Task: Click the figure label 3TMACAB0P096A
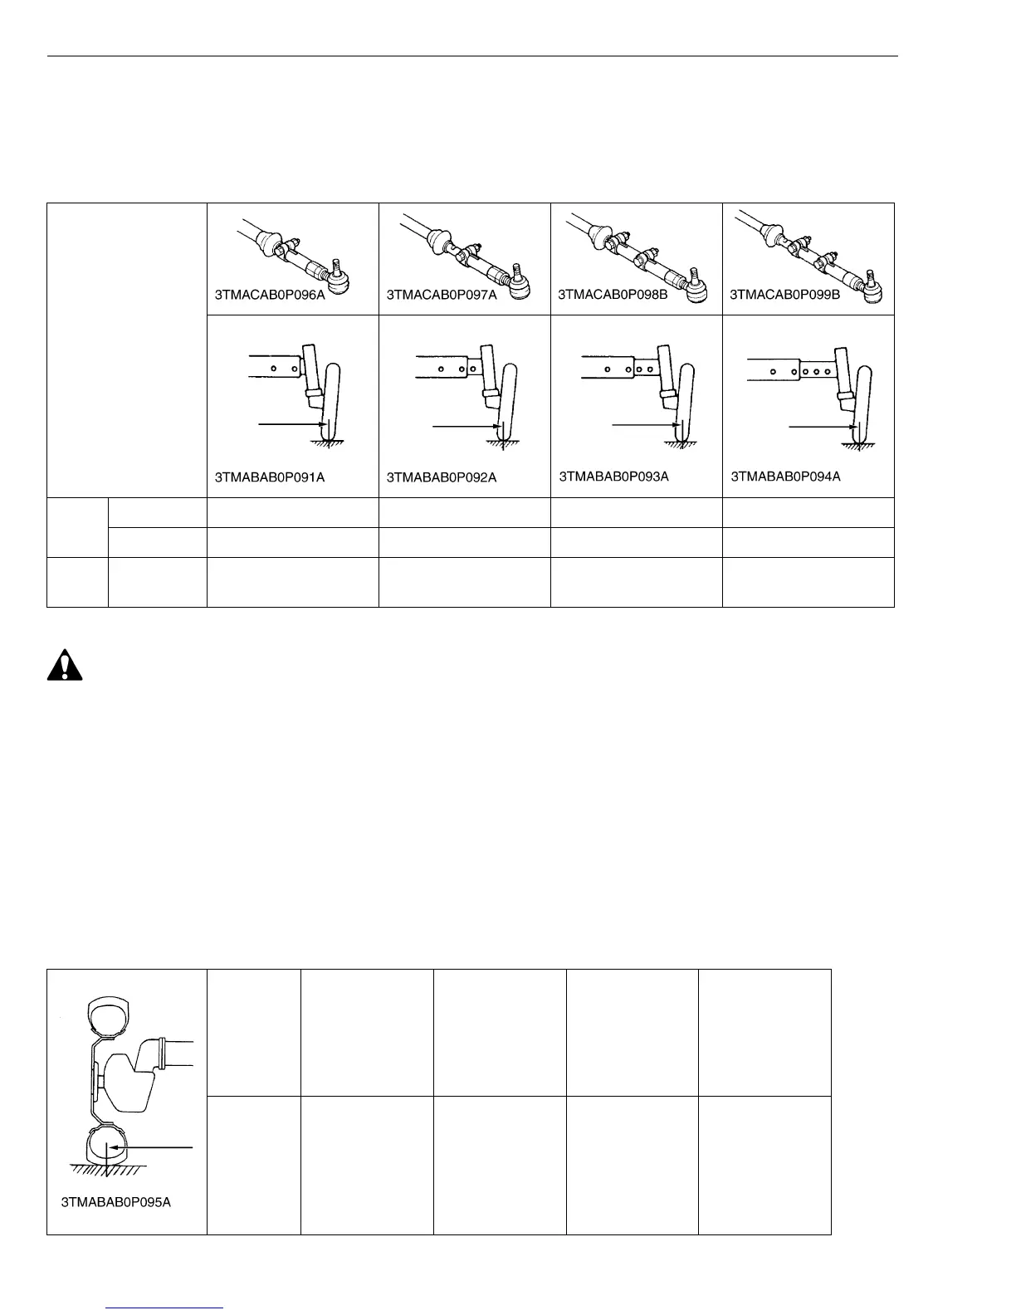coord(270,294)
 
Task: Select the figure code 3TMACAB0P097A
coord(442,294)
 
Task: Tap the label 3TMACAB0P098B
coord(613,294)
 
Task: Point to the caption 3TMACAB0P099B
coord(784,294)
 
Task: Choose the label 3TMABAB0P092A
coord(442,477)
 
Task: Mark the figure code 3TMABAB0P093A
coord(613,477)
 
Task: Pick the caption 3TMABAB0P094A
coord(785,477)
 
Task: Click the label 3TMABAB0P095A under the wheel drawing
coord(116,1202)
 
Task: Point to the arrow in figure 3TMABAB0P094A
coord(822,428)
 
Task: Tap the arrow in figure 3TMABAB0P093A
coord(644,425)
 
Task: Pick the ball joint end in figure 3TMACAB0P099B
coord(871,282)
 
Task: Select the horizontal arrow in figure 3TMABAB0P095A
coord(158,1147)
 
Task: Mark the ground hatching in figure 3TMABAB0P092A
coord(499,446)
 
